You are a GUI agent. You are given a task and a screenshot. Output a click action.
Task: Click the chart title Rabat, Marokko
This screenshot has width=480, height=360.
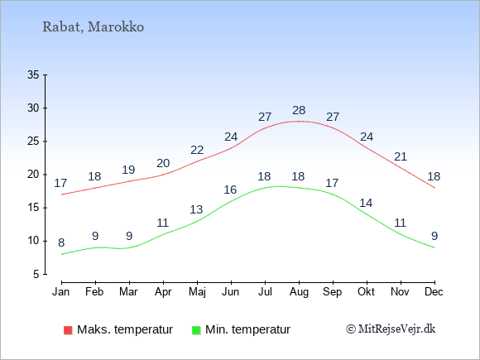click(93, 27)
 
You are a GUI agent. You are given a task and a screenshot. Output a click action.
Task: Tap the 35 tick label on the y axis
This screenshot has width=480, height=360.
click(33, 74)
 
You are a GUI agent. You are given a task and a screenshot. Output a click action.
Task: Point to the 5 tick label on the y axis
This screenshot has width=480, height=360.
click(36, 274)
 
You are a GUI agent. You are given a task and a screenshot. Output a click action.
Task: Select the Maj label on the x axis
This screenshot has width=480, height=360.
click(197, 292)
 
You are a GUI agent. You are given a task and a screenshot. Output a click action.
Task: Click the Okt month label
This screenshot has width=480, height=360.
click(366, 292)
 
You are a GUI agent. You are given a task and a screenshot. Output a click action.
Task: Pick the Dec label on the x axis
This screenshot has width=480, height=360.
click(434, 292)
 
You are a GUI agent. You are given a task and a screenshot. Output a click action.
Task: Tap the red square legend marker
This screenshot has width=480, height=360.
click(68, 330)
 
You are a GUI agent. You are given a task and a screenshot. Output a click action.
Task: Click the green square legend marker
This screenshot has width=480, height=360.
click(196, 330)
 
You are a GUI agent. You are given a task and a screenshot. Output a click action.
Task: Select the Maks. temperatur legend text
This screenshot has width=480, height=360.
click(125, 329)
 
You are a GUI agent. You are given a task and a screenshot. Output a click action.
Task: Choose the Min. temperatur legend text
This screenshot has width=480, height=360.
click(247, 329)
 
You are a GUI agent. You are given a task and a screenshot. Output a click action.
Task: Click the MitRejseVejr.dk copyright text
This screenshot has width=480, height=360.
click(391, 329)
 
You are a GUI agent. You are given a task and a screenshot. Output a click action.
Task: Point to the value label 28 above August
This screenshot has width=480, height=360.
click(299, 110)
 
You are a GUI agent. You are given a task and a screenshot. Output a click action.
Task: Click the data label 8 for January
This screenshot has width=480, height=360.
click(61, 243)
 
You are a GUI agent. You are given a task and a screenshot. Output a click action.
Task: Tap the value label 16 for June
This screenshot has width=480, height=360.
click(230, 190)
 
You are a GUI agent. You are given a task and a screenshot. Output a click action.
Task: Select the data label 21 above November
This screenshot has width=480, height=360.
click(401, 156)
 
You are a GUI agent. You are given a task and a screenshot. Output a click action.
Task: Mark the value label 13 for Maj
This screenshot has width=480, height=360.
click(196, 209)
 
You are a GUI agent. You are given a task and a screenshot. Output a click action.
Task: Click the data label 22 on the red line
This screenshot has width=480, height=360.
click(197, 150)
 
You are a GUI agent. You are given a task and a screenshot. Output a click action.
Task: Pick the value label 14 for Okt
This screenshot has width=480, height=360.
click(366, 203)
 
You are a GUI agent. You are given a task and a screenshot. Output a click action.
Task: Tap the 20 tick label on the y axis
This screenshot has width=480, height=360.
click(33, 175)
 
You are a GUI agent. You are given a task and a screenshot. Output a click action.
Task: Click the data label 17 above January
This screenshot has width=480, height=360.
click(60, 184)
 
